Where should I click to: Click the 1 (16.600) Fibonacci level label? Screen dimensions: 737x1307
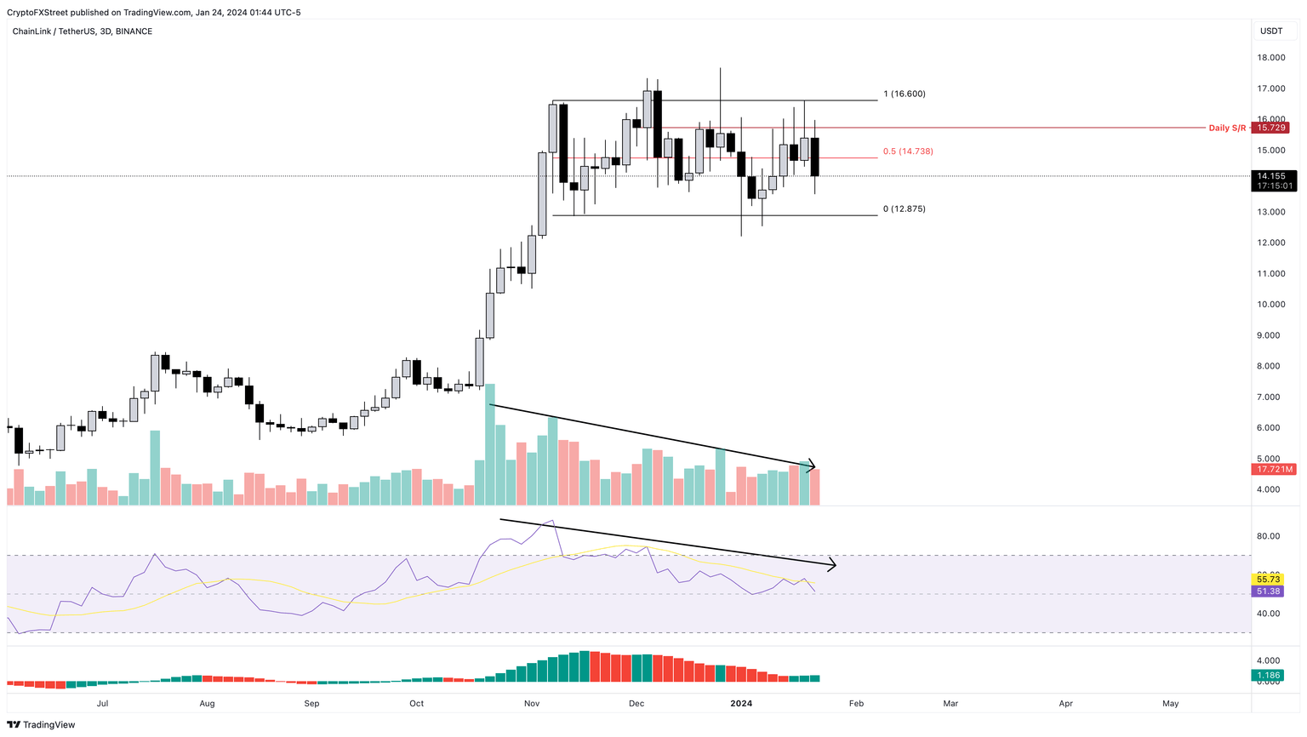[x=904, y=94]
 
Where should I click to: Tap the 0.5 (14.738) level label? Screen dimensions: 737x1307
[x=908, y=151]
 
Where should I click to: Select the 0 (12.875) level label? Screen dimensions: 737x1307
[x=904, y=209]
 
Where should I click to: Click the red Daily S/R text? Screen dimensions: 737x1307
[x=1227, y=128]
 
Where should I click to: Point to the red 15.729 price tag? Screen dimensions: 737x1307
[x=1270, y=128]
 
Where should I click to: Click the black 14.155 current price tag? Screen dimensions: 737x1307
[x=1270, y=176]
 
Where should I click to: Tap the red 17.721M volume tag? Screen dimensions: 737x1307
[x=1274, y=469]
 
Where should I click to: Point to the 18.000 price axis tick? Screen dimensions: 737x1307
[x=1270, y=58]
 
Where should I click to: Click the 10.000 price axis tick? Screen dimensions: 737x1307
[x=1270, y=305]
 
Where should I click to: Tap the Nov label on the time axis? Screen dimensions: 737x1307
[x=532, y=704]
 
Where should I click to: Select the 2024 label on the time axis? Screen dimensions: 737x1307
[x=741, y=704]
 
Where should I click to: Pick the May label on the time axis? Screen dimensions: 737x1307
[x=1171, y=704]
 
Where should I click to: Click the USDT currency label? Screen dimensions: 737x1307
[x=1271, y=31]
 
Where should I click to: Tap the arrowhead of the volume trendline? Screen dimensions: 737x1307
[x=813, y=466]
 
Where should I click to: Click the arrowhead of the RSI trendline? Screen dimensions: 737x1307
[x=833, y=563]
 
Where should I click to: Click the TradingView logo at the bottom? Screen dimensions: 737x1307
[x=43, y=724]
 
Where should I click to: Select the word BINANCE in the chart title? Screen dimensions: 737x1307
[x=134, y=31]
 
